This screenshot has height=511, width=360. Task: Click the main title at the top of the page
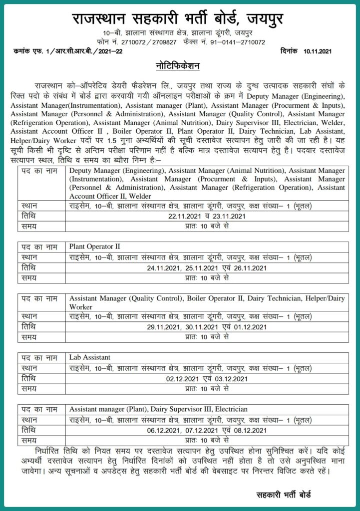coord(180,18)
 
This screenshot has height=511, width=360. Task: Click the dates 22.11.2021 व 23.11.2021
coord(207,216)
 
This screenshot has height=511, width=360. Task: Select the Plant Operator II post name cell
coord(95,247)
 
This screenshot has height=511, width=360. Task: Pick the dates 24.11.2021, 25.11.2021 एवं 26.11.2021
coord(207,268)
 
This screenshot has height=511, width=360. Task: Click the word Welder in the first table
coord(140,196)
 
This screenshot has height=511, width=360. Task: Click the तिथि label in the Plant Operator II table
coord(28,268)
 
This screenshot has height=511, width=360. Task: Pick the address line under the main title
coord(180,33)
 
